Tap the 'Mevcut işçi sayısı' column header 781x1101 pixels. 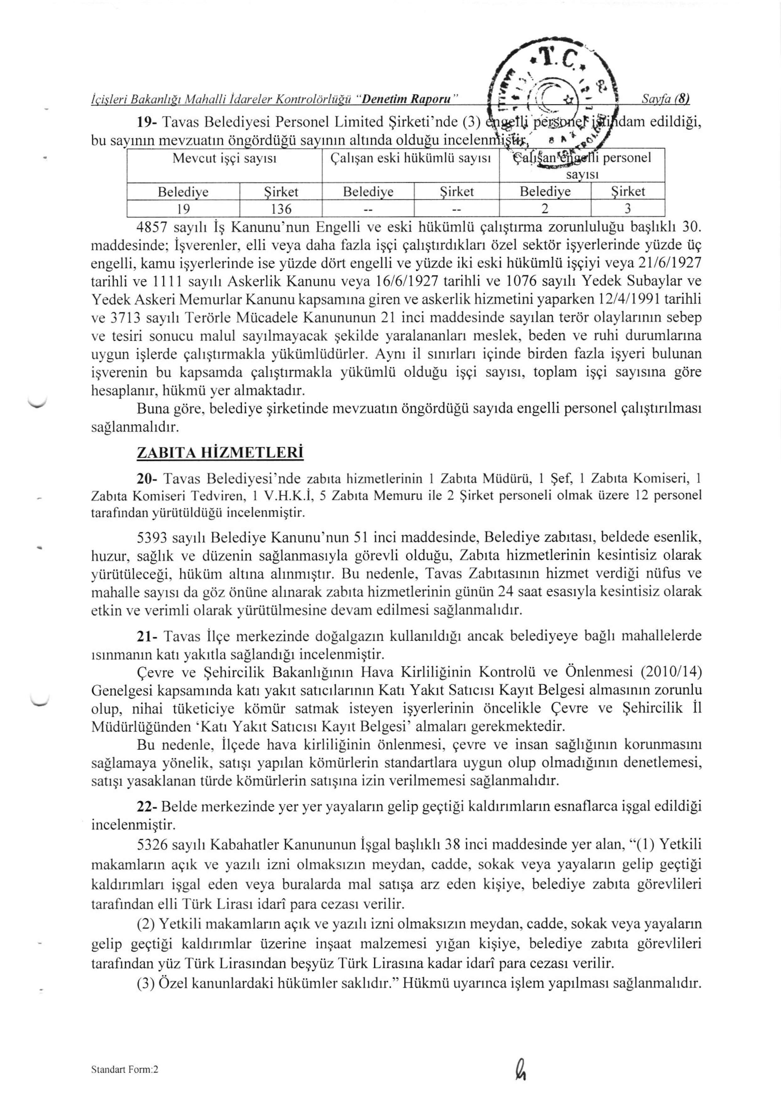point(224,158)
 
